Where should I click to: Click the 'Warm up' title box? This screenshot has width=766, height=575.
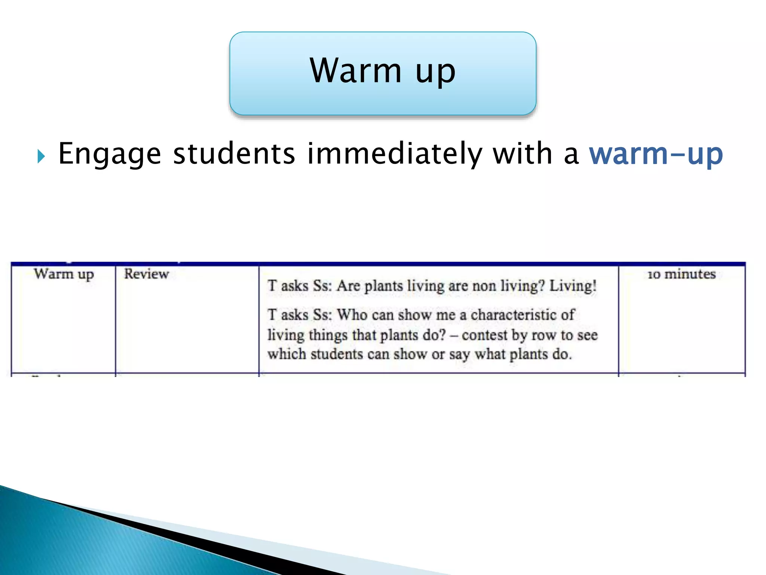pyautogui.click(x=383, y=73)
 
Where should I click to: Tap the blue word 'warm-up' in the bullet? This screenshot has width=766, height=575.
pyautogui.click(x=656, y=154)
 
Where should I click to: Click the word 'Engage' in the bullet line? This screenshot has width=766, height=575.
pyautogui.click(x=110, y=154)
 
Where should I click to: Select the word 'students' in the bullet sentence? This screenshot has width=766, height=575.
pyautogui.click(x=234, y=154)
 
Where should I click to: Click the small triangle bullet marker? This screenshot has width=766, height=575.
pyautogui.click(x=41, y=156)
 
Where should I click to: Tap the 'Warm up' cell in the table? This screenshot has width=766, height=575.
pyautogui.click(x=64, y=274)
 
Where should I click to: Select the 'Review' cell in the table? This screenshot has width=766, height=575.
pyautogui.click(x=146, y=274)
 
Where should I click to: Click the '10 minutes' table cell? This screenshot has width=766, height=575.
pyautogui.click(x=681, y=274)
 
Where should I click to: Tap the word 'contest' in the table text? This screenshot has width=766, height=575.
pyautogui.click(x=485, y=335)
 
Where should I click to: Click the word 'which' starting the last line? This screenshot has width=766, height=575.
pyautogui.click(x=287, y=354)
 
